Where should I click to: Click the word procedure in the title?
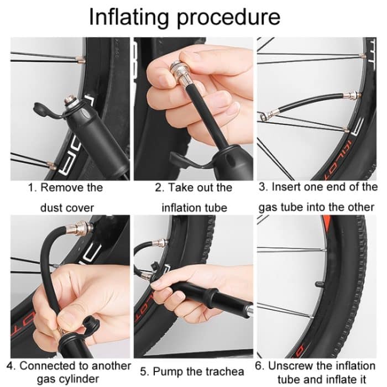pyautogui.click(x=229, y=18)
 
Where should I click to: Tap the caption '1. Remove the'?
pyautogui.click(x=65, y=187)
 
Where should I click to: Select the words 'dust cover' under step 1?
pyautogui.click(x=66, y=208)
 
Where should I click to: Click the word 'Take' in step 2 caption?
pyautogui.click(x=182, y=187)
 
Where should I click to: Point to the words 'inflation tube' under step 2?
pyautogui.click(x=194, y=208)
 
